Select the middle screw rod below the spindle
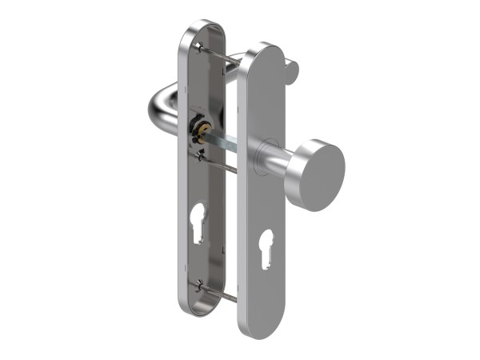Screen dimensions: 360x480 point(219,166)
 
